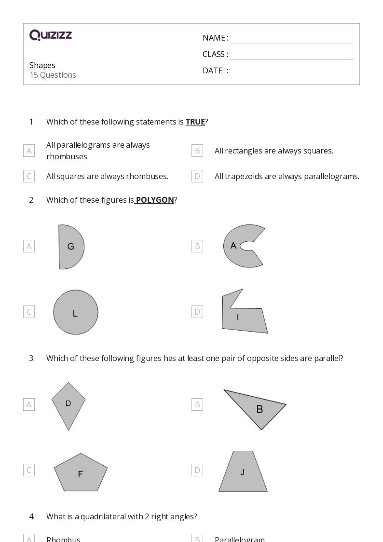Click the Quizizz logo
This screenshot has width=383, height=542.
pos(51,35)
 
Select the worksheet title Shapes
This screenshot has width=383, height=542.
pos(42,65)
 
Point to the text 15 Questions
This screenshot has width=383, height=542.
pos(53,75)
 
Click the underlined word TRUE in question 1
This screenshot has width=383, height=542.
pos(195,122)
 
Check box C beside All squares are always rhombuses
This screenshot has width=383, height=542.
pos(29,176)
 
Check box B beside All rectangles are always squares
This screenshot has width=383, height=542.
pos(197,151)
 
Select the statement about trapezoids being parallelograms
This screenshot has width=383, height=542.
pos(287,176)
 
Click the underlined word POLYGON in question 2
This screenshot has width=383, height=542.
pos(155,200)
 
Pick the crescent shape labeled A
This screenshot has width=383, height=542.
pos(241,246)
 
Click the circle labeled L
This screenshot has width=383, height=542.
pos(76,312)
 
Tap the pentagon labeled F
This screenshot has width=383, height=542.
pos(81,473)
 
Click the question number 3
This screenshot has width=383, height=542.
pos(32,358)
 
